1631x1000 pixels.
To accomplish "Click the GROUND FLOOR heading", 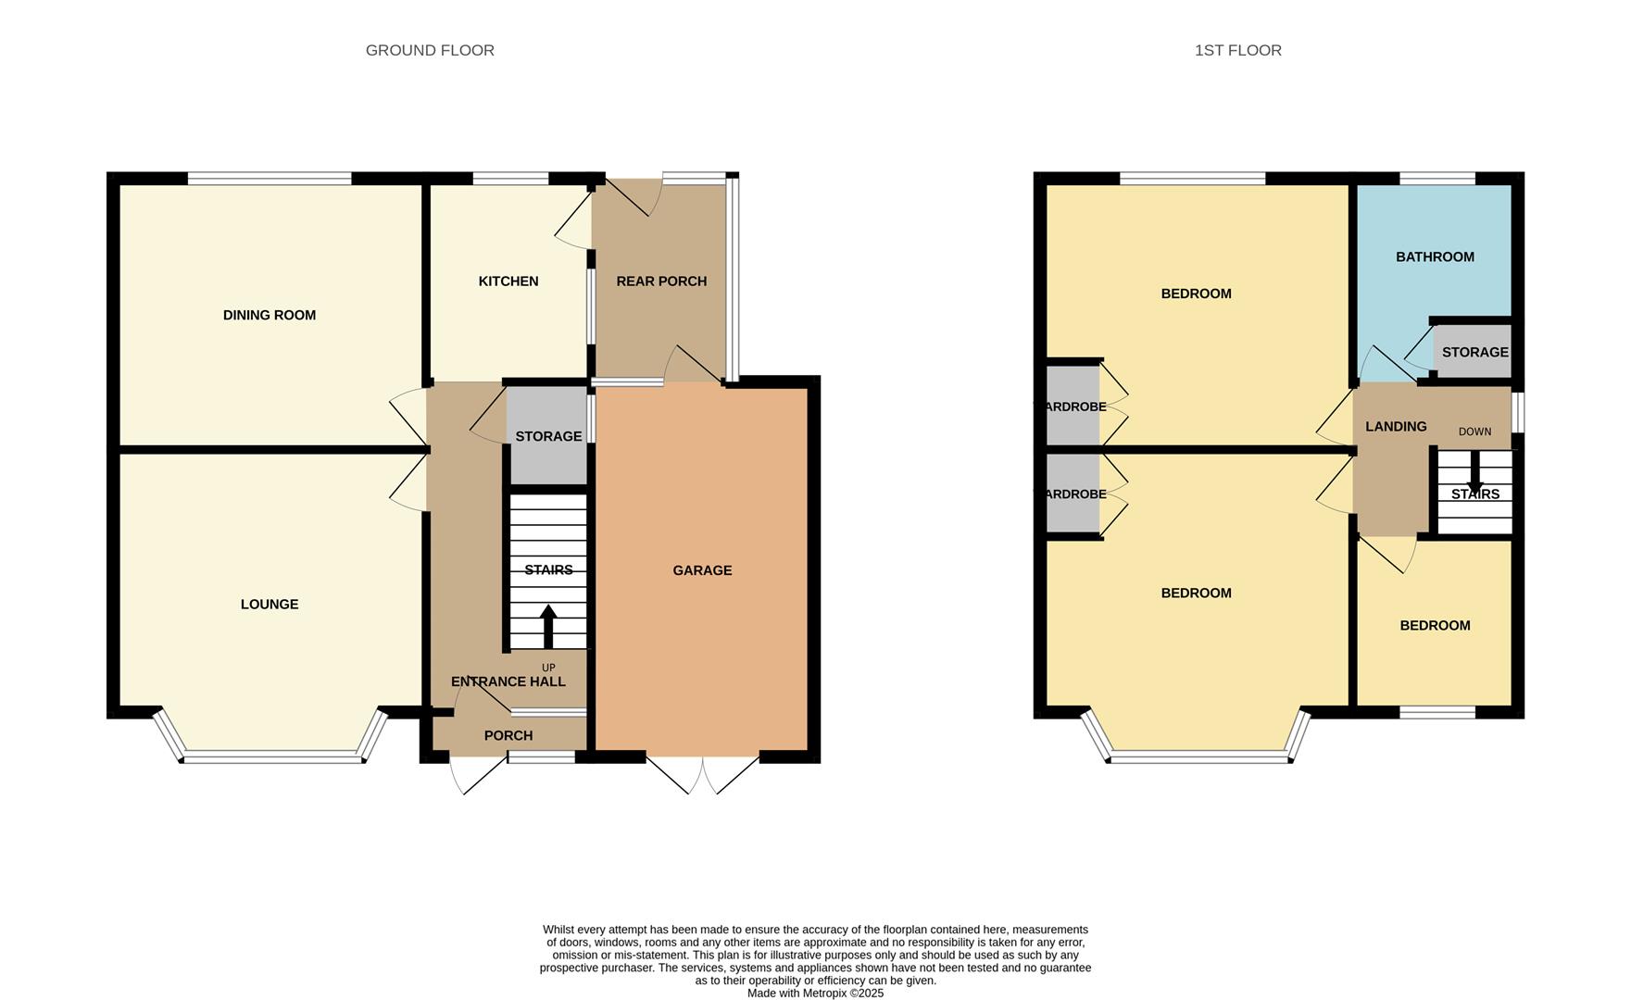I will point(430,50).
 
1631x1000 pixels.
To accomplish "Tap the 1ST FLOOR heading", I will point(1237,50).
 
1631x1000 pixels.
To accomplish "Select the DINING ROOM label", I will point(269,315).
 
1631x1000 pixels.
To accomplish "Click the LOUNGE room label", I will point(269,604).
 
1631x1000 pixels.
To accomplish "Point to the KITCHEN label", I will point(508,281).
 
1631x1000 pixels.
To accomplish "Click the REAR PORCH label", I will point(660,281).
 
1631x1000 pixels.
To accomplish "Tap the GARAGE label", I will point(702,570).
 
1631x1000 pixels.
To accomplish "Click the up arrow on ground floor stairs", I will point(548,626).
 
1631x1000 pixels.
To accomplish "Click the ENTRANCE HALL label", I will point(508,681).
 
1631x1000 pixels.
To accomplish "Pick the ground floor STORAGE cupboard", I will point(548,436).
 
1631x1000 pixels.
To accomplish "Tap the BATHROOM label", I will point(1435,256).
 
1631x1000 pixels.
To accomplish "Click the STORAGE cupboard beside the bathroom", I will point(1474,352).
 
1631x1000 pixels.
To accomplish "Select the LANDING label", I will point(1395,426).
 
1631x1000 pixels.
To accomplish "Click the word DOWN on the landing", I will point(1474,431).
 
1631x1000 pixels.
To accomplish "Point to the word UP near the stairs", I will point(548,668).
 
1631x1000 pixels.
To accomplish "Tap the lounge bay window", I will point(272,757).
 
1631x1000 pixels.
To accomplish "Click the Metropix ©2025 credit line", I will point(815,993).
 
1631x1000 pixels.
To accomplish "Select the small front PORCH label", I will point(508,735).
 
